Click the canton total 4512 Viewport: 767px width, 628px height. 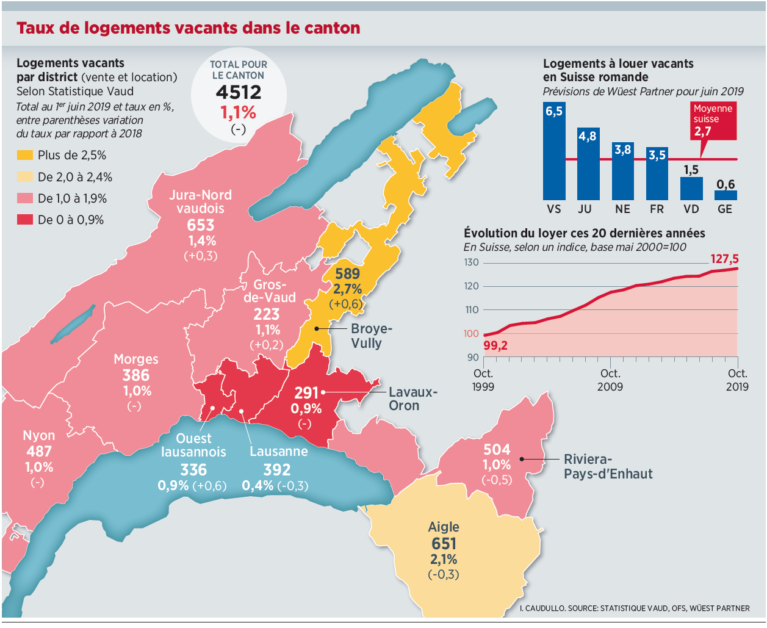pyautogui.click(x=239, y=92)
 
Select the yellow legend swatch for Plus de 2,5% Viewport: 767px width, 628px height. pyautogui.click(x=25, y=156)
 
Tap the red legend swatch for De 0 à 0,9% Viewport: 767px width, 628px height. pyautogui.click(x=25, y=220)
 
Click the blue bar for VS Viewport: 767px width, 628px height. pyautogui.click(x=554, y=151)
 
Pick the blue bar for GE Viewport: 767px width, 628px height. pyautogui.click(x=726, y=195)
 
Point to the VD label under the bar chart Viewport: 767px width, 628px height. pyautogui.click(x=691, y=209)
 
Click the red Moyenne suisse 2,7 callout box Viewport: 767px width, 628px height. pyautogui.click(x=713, y=121)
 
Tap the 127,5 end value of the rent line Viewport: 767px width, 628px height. pyautogui.click(x=724, y=259)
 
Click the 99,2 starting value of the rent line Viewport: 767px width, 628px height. pyautogui.click(x=495, y=345)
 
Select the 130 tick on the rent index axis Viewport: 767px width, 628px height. pyautogui.click(x=471, y=262)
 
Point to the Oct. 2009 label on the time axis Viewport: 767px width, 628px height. pyautogui.click(x=610, y=380)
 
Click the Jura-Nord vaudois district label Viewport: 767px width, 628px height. pyautogui.click(x=200, y=201)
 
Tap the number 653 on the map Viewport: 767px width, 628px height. pyautogui.click(x=200, y=225)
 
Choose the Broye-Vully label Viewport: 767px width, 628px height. pyautogui.click(x=372, y=336)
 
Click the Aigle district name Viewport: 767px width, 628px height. pyautogui.click(x=444, y=527)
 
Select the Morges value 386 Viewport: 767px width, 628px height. pyautogui.click(x=135, y=375)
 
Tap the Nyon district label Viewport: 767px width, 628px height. pyautogui.click(x=39, y=436)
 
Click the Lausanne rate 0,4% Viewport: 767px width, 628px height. pyautogui.click(x=257, y=485)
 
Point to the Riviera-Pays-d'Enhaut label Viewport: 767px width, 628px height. pyautogui.click(x=608, y=466)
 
